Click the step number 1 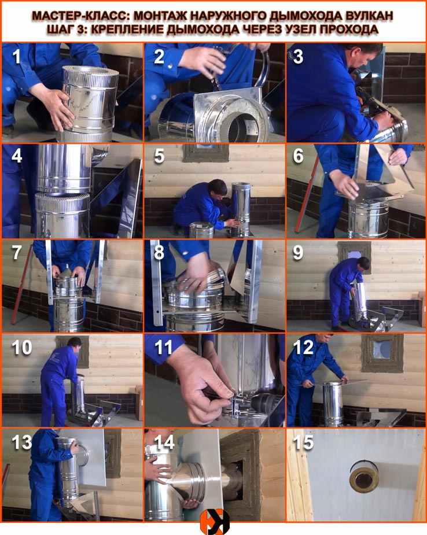[x=16, y=56]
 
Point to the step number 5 [x=159, y=156]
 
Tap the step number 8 [x=159, y=253]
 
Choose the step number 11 [x=164, y=348]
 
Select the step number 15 [x=303, y=443]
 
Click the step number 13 [x=22, y=442]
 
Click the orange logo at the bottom [x=214, y=522]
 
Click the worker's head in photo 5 [x=218, y=187]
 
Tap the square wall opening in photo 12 [x=382, y=350]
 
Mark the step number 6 [x=299, y=156]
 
